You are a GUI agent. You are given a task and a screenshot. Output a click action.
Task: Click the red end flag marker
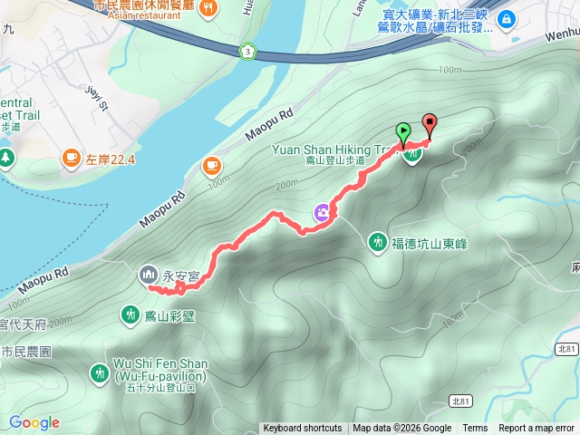point(429,125)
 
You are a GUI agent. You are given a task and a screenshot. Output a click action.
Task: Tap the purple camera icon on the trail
point(323,213)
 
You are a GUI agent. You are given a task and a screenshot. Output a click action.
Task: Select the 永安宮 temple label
point(180,274)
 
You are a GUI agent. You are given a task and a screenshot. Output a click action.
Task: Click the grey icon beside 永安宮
point(148,274)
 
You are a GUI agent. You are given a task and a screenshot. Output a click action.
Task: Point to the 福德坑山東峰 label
point(430,242)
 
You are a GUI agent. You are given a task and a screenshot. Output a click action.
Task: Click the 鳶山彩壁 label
point(176,315)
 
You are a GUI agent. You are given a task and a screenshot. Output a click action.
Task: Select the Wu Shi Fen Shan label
point(160,363)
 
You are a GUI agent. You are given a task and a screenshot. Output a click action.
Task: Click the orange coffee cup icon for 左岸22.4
point(70,159)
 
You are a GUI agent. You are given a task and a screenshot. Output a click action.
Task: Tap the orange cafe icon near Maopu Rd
point(211,166)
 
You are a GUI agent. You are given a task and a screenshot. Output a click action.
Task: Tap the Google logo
point(34,422)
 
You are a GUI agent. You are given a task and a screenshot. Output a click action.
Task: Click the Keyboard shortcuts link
point(302,429)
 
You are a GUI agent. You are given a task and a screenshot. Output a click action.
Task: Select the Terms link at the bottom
point(475,429)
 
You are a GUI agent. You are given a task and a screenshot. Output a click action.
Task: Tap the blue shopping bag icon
point(506,17)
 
